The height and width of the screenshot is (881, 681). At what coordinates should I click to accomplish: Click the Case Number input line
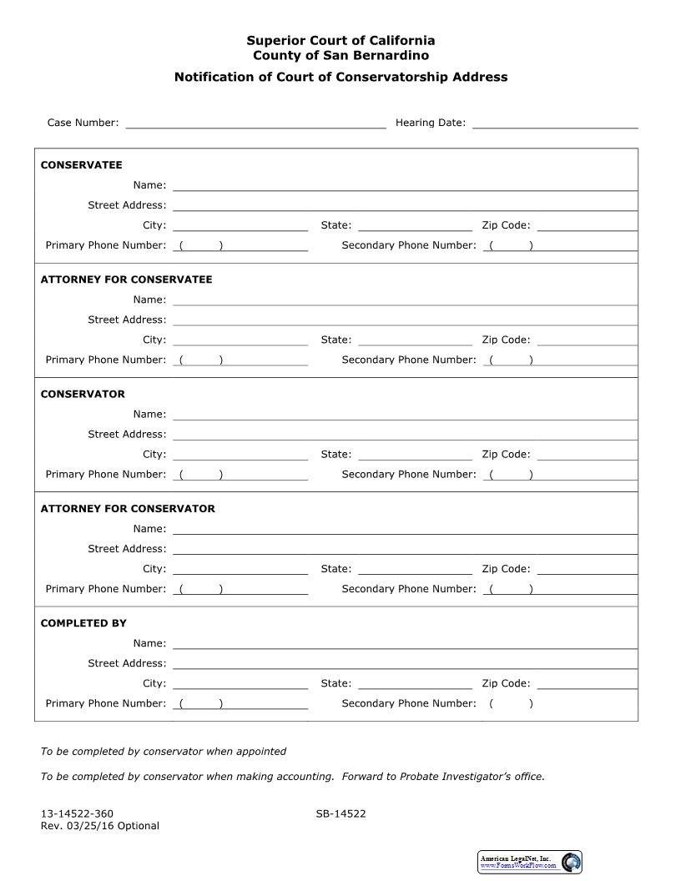pos(255,122)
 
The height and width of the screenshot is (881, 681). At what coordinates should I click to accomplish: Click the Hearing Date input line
pos(555,122)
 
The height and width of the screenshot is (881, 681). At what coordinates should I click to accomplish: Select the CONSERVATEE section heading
pos(81,165)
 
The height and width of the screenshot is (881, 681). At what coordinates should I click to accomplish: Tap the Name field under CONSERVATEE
pos(405,184)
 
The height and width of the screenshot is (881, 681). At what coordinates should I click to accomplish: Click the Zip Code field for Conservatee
pos(588,224)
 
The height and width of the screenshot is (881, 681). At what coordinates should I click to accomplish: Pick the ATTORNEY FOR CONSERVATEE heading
pos(126,279)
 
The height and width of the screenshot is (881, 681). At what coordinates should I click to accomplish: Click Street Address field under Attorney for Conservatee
pos(405,319)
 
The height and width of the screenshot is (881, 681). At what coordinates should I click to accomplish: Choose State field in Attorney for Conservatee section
pos(415,339)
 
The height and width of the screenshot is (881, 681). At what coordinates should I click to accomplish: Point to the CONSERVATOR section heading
pos(83,394)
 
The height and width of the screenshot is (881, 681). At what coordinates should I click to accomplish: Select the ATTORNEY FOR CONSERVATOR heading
pos(128,508)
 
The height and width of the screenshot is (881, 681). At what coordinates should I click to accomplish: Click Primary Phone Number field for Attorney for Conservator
pos(240,588)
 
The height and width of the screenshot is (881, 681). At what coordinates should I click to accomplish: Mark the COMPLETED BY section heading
pos(83,623)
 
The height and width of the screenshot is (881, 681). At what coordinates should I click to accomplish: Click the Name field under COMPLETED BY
pos(405,642)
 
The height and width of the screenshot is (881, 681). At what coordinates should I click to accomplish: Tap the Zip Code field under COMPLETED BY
pos(588,682)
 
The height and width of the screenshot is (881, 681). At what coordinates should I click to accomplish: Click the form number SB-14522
pos(340,814)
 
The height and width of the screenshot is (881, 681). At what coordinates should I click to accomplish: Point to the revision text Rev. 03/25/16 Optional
pos(99,826)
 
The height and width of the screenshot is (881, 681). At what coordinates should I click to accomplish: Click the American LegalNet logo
pos(530,862)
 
